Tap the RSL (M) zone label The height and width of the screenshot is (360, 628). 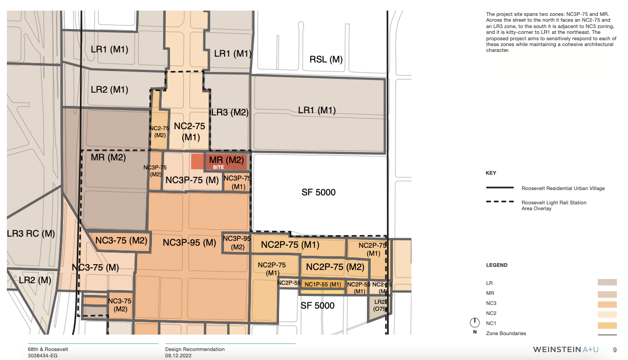pyautogui.click(x=326, y=59)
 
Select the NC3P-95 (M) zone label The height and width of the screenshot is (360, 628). pyautogui.click(x=189, y=243)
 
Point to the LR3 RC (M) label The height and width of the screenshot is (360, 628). pyautogui.click(x=31, y=233)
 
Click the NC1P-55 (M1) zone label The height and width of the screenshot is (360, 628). pyautogui.click(x=322, y=285)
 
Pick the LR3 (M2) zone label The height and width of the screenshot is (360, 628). pyautogui.click(x=230, y=112)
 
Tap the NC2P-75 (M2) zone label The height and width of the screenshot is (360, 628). pyautogui.click(x=335, y=267)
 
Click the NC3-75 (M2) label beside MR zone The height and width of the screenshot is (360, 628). pyautogui.click(x=121, y=241)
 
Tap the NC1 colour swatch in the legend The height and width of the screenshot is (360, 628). pyautogui.click(x=607, y=323)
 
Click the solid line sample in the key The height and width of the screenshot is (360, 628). pyautogui.click(x=500, y=188)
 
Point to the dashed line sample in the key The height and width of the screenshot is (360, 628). pyautogui.click(x=500, y=202)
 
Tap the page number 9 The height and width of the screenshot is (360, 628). pyautogui.click(x=615, y=350)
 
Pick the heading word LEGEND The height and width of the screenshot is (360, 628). pyautogui.click(x=497, y=265)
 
